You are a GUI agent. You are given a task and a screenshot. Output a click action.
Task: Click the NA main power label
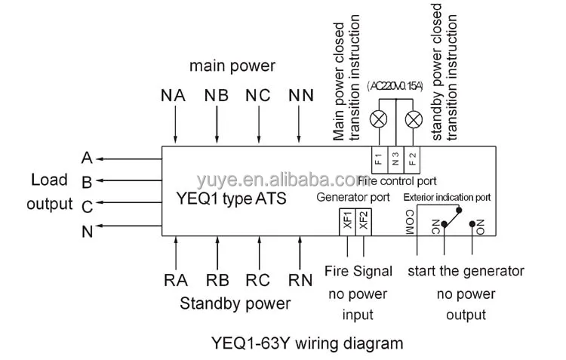(x=173, y=96)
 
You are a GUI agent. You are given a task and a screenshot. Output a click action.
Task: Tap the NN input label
(x=301, y=96)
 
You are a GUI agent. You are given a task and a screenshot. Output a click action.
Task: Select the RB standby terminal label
(x=217, y=280)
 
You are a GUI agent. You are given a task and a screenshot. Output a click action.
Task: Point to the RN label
(x=300, y=280)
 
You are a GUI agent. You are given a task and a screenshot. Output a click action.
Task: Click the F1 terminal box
(x=380, y=159)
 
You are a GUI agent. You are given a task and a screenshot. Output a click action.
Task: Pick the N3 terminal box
(x=395, y=159)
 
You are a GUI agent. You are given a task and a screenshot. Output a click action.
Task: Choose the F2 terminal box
(x=412, y=159)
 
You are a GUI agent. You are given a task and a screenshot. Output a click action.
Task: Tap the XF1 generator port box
(x=347, y=222)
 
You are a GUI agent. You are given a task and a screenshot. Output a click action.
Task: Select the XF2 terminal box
(x=364, y=222)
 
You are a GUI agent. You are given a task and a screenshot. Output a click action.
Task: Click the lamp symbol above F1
(x=379, y=119)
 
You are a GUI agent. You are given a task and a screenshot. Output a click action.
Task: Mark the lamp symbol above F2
(x=414, y=119)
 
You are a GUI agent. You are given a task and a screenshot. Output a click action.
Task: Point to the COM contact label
(x=410, y=223)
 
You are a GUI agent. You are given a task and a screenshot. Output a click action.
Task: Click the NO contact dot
(x=472, y=224)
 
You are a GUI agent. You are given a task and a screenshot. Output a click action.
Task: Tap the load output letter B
(x=87, y=183)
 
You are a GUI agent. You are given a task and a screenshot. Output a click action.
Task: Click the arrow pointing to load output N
(x=129, y=226)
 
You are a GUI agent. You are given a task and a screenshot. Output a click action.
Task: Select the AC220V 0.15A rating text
(x=395, y=86)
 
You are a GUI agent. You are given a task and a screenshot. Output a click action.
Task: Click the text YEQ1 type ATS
(x=231, y=199)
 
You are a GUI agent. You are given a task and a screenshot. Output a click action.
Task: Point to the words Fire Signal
(x=358, y=271)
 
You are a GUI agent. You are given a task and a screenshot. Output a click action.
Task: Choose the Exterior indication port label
(x=447, y=198)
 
